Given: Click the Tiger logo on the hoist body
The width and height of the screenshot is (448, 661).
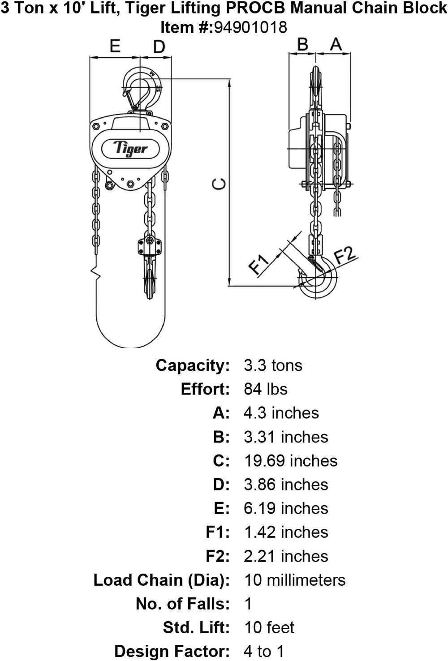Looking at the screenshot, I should click(130, 148).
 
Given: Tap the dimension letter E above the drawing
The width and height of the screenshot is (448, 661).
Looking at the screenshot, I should click(115, 46).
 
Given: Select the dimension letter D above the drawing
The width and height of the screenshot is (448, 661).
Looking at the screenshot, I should click(159, 47).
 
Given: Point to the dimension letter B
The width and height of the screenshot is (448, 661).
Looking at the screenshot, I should click(303, 44).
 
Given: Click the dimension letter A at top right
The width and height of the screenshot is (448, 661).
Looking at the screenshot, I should click(336, 44).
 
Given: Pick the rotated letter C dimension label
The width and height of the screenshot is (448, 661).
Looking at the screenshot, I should click(219, 184).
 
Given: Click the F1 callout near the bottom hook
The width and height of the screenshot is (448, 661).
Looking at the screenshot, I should click(259, 264).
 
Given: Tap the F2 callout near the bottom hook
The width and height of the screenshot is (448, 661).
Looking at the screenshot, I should click(345, 255).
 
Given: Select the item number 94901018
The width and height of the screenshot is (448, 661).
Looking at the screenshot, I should click(250, 28).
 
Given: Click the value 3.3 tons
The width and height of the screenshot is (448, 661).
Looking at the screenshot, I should click(273, 365).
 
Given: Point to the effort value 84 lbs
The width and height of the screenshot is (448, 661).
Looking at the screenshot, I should click(266, 389).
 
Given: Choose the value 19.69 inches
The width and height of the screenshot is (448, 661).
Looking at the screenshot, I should click(290, 461).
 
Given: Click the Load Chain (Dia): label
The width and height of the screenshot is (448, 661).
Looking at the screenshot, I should click(161, 580).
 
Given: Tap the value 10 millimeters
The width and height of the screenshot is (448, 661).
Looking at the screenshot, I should click(294, 580).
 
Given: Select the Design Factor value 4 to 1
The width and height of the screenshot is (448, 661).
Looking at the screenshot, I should click(264, 651).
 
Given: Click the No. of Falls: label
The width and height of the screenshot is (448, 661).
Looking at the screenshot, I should click(183, 604).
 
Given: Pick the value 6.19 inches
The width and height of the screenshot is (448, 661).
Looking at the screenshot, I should click(286, 508).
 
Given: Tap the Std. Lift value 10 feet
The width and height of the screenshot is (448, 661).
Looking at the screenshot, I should click(269, 627).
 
